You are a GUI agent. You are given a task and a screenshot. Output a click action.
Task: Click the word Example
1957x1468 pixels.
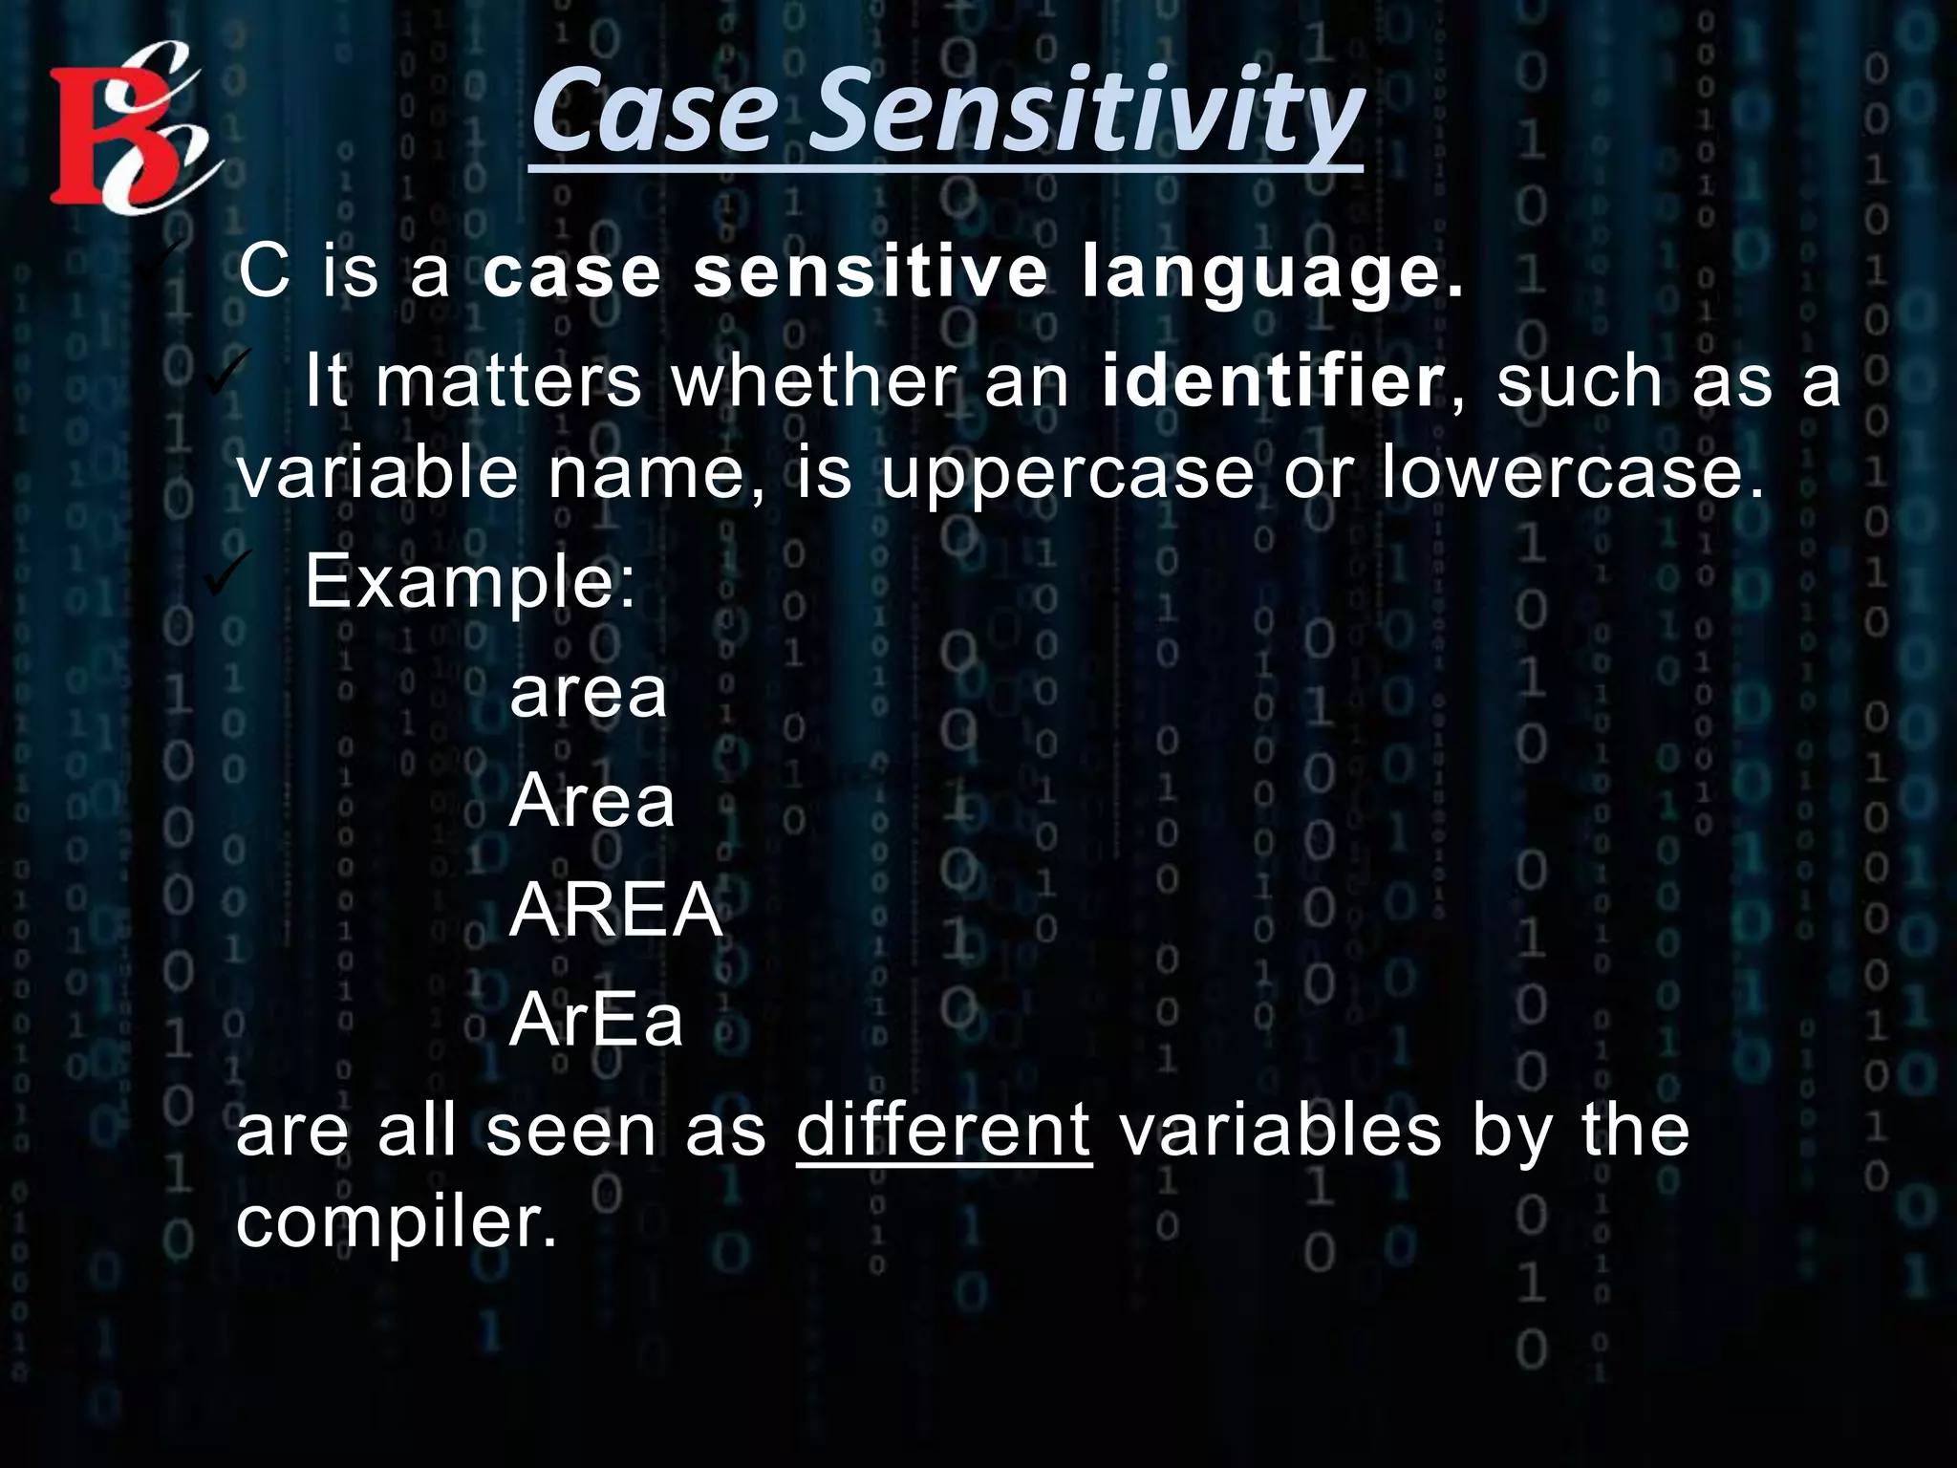coord(468,582)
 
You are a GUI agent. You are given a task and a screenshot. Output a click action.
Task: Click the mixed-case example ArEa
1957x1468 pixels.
coord(596,1021)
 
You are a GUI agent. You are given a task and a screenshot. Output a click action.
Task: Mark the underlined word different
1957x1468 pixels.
coord(943,1131)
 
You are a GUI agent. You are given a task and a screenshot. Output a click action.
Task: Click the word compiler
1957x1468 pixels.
coord(396,1223)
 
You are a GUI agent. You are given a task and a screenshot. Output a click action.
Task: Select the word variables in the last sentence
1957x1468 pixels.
coord(1280,1131)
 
